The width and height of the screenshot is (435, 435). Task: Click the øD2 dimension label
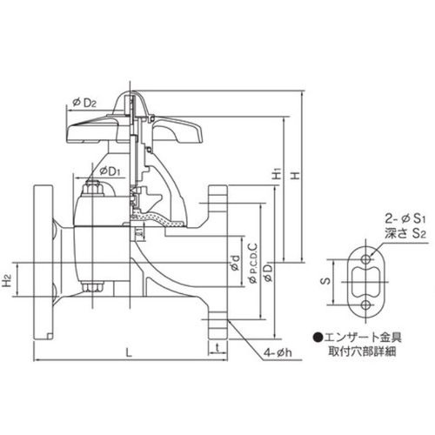84,103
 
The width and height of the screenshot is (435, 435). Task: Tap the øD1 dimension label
110,171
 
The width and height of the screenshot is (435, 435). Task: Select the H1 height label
278,174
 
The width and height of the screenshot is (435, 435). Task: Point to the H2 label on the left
8,280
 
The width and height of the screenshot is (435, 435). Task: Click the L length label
130,352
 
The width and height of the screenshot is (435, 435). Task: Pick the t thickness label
217,347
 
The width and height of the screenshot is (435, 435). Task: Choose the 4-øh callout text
278,352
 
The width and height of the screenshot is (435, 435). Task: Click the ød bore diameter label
236,263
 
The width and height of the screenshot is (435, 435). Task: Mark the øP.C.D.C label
253,263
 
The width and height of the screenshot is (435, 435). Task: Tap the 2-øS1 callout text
405,219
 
